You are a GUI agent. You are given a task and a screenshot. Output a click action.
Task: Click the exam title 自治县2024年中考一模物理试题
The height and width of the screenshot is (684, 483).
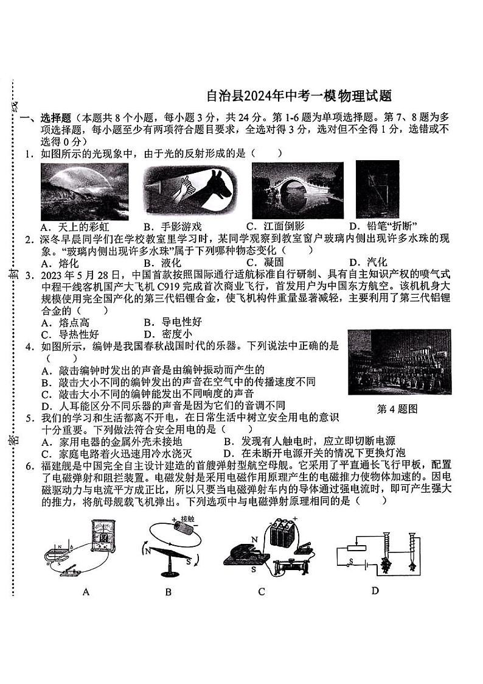(298, 96)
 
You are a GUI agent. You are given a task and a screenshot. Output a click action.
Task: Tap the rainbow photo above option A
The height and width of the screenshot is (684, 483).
(84, 191)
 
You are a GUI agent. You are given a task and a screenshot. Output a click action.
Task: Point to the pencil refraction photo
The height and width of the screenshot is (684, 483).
(377, 188)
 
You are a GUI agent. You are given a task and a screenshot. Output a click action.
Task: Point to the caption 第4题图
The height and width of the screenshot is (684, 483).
(397, 409)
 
